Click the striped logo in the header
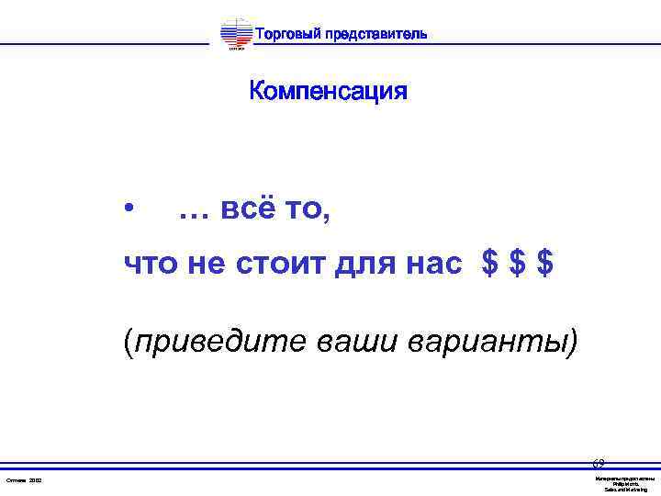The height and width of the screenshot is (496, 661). pos(236,36)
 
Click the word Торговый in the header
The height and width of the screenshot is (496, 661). pos(286,35)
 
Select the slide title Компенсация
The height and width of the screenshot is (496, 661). pos(328,92)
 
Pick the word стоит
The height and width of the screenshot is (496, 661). pos(272,265)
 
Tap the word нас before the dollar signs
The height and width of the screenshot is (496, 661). pos(429,265)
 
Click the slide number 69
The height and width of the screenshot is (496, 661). pos(598,464)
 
